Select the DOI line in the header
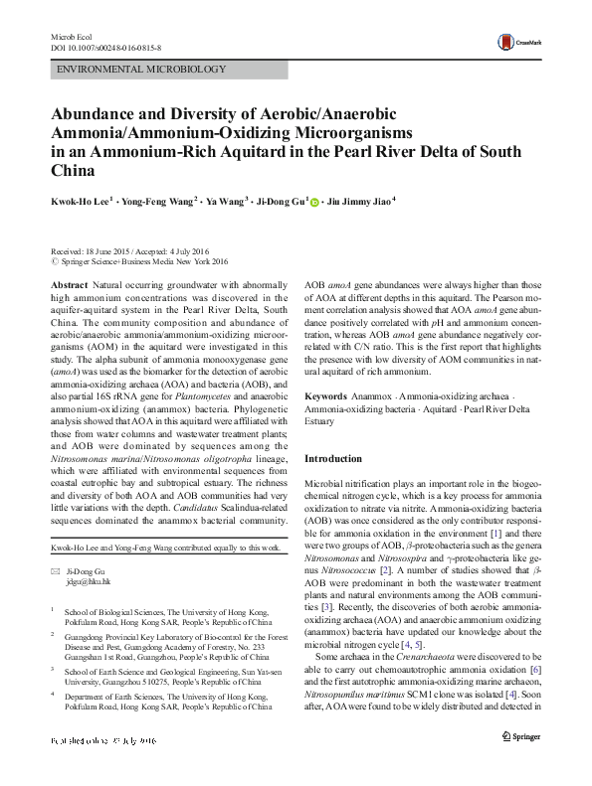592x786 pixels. click(104, 47)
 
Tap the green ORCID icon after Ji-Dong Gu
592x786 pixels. click(315, 201)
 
